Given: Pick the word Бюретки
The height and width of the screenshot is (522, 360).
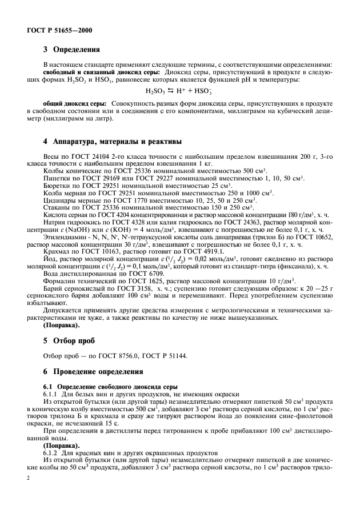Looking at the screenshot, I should (x=57, y=186).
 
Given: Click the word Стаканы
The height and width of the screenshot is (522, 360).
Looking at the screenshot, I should (x=57, y=208).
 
